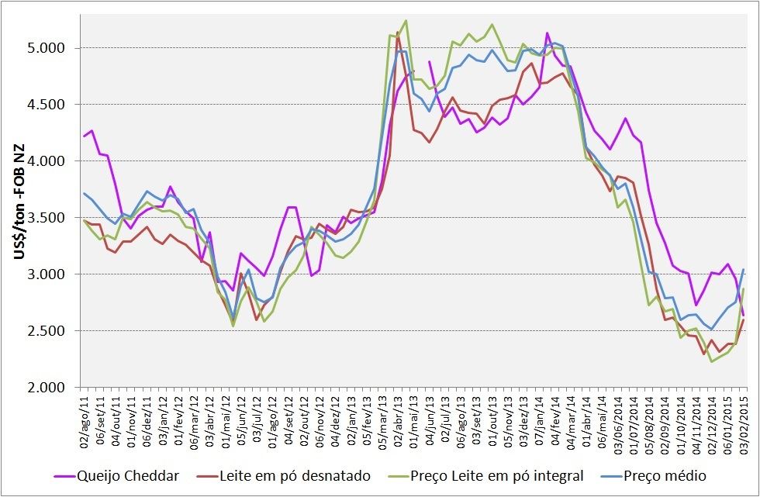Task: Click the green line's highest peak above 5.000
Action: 406,21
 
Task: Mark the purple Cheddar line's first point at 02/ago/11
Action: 85,136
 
